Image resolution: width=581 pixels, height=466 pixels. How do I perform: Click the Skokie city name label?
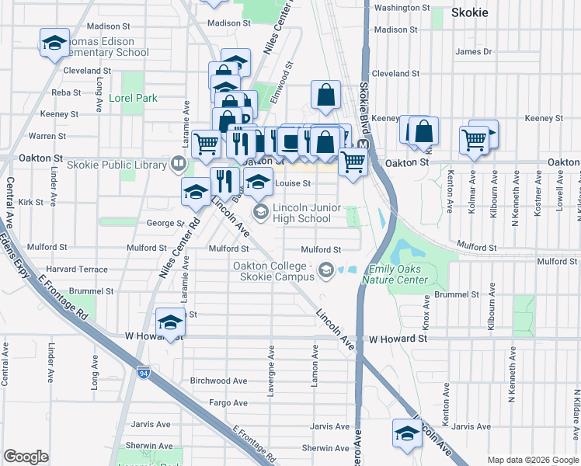[470, 12]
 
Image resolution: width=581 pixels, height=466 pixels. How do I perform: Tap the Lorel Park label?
[134, 98]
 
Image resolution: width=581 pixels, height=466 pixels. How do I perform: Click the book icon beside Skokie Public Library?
[179, 164]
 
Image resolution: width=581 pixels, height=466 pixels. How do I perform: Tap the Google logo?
[26, 457]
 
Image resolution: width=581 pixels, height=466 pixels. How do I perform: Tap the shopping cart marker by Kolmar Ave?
[473, 141]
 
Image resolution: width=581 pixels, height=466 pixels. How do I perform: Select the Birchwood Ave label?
[218, 381]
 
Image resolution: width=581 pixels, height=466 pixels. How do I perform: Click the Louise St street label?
[293, 184]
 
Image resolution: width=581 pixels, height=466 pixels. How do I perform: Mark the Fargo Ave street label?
[228, 403]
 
